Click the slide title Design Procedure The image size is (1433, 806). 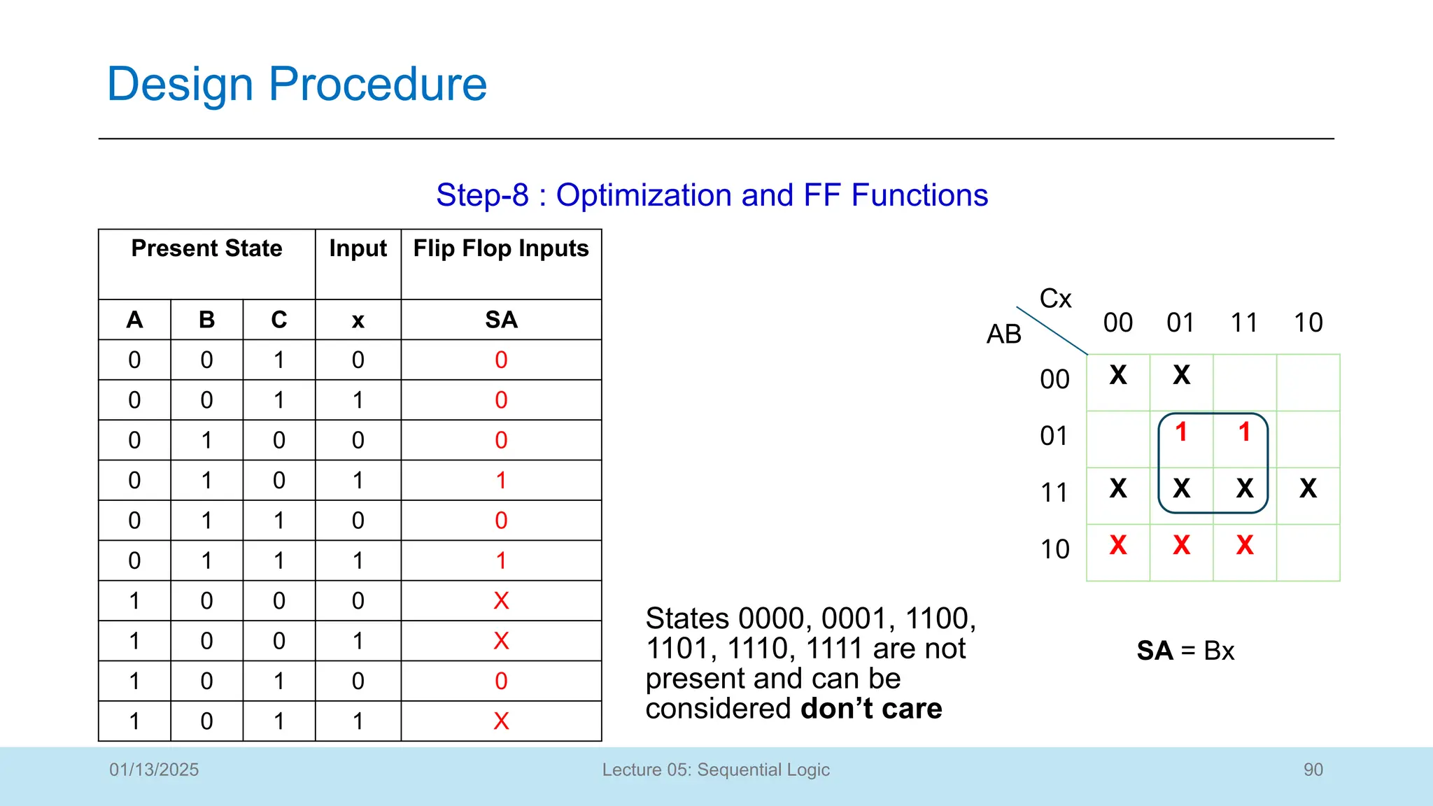pos(297,84)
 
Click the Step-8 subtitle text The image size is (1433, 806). pos(712,195)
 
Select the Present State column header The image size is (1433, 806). pos(206,249)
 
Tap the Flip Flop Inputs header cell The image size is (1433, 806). pos(501,249)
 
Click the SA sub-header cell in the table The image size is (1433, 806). pos(501,320)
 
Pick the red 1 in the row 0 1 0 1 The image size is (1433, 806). pos(501,481)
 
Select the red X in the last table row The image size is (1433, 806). pos(501,721)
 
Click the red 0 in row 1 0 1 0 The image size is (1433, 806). pos(501,681)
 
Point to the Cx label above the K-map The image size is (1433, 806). pos(1055,299)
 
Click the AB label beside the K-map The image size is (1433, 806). pos(1003,334)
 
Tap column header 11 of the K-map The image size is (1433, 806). pos(1244,323)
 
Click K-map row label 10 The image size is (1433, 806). pos(1054,550)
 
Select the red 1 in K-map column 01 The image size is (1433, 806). pos(1181,432)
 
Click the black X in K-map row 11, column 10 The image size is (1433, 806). pos(1308,488)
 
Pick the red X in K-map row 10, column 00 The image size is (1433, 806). pos(1118,545)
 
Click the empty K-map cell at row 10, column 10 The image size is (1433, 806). pos(1308,553)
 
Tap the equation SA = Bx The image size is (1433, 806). pos(1185,651)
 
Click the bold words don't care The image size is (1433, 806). pos(871,709)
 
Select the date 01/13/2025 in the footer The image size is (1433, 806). pos(154,770)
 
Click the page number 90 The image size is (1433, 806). pos(1313,770)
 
